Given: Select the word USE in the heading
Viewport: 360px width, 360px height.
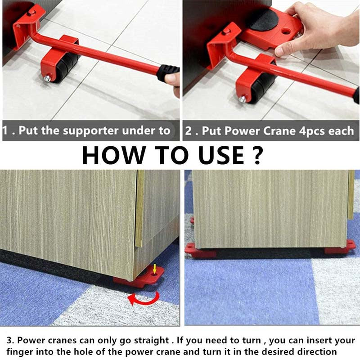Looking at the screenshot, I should click(x=215, y=154).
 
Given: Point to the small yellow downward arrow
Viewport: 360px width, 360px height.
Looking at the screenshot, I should click(x=155, y=270).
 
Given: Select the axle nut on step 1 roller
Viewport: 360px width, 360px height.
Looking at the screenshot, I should click(x=47, y=79).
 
